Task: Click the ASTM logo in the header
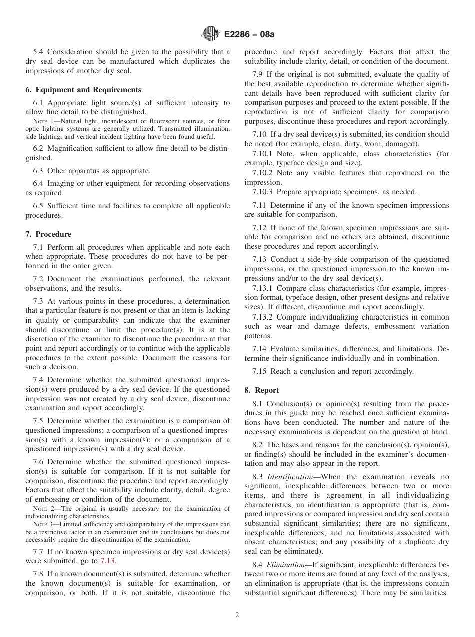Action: coord(210,34)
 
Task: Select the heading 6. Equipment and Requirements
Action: coord(83,90)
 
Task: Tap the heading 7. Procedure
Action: coord(48,234)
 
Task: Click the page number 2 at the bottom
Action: coord(237,615)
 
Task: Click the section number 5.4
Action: coord(39,52)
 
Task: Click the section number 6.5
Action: coord(39,206)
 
